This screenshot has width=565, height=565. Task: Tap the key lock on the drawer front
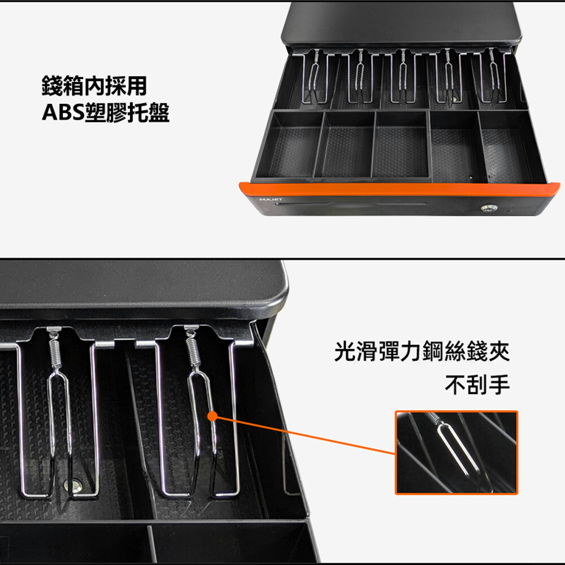pos(489,208)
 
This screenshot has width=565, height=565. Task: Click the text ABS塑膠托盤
pos(106,112)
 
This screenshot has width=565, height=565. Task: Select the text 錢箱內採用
pos(94,85)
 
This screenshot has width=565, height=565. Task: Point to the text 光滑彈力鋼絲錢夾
pos(422,351)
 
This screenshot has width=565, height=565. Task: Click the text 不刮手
pos(477,384)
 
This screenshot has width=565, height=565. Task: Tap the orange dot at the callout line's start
pos(213,416)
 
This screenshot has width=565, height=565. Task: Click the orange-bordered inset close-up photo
pos(456,452)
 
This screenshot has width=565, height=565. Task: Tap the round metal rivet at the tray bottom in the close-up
pos(75,485)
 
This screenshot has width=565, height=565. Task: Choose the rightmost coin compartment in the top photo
pos(510,147)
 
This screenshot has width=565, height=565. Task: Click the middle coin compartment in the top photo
pos(401,144)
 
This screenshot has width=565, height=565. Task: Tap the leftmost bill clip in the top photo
pos(315,77)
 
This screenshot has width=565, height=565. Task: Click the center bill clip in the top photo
pos(403,76)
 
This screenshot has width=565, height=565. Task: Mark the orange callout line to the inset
pos(305,435)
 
